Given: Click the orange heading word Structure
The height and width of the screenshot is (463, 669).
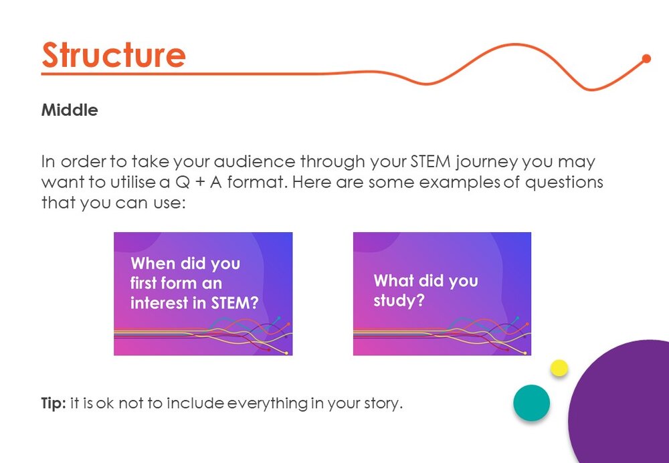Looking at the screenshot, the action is click(x=114, y=55).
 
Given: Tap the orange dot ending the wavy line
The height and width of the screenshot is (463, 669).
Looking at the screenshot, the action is click(x=646, y=58).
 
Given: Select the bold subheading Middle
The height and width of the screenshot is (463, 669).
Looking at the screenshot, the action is click(x=70, y=110).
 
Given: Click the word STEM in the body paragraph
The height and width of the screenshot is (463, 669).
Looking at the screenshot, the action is click(x=430, y=162).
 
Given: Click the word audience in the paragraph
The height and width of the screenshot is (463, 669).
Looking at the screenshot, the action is click(x=254, y=162).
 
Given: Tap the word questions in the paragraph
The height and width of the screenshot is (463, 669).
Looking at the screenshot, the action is click(x=563, y=183).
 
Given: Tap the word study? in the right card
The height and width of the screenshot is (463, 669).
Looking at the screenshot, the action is click(x=399, y=301).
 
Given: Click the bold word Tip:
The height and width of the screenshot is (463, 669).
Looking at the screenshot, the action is click(x=54, y=403).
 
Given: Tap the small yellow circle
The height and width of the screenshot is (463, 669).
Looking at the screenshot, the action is click(x=559, y=368).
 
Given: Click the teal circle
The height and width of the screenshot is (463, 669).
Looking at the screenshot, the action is click(x=532, y=403).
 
